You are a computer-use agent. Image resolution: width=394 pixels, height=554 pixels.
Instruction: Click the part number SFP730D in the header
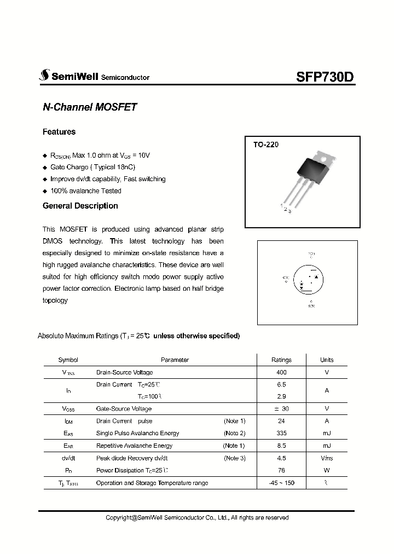[325, 77]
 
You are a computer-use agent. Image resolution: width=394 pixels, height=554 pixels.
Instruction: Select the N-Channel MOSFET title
[89, 108]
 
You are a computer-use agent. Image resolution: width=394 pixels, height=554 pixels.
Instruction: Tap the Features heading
[59, 132]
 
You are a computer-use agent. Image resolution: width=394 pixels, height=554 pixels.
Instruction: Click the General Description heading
[80, 206]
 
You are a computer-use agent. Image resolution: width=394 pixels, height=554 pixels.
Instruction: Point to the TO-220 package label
[266, 145]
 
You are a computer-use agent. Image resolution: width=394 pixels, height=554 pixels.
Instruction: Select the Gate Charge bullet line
[92, 167]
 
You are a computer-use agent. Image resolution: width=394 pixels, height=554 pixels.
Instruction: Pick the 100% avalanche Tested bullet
[85, 191]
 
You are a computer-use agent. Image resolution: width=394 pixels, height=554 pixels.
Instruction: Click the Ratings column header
[281, 360]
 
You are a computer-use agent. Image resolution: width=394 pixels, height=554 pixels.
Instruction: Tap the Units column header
[327, 360]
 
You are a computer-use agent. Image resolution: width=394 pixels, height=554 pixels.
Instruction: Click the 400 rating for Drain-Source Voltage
[281, 372]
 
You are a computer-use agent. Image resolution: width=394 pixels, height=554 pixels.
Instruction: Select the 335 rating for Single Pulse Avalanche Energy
[281, 433]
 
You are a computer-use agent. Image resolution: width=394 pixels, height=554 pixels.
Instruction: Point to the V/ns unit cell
[327, 458]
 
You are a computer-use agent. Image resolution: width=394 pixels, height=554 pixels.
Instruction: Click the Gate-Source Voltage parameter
[124, 408]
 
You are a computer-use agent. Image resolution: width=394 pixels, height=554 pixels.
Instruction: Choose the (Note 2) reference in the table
[234, 433]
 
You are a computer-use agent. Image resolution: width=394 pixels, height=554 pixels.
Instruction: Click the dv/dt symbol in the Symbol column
[68, 458]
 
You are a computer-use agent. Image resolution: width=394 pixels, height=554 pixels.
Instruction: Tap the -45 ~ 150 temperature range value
[281, 483]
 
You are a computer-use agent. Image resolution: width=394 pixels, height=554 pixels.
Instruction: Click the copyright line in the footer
[196, 517]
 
